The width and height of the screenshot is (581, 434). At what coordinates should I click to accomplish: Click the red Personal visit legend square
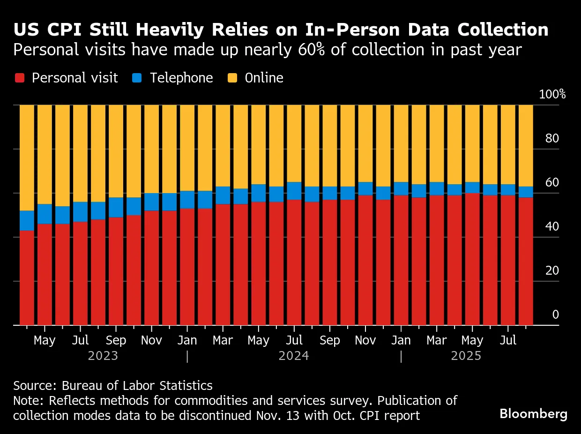pos(19,78)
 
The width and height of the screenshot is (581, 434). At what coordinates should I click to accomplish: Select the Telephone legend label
pos(181,78)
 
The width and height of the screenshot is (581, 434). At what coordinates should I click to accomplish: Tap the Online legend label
pos(264,78)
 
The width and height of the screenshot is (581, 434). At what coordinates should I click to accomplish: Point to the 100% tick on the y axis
pos(552,94)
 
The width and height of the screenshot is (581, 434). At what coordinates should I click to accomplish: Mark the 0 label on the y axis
pos(555,314)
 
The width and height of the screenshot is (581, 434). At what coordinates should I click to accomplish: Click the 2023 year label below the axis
pos(103,356)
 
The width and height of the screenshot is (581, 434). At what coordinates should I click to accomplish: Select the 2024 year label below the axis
pos(294,356)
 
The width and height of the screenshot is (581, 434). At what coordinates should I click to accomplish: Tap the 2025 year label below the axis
pos(466,356)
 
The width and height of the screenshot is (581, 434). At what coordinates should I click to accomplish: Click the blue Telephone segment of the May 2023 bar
pos(45,214)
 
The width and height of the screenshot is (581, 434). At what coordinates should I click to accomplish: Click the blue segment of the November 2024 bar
pos(365,188)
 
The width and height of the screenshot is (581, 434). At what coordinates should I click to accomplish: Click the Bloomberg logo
pos(533,414)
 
